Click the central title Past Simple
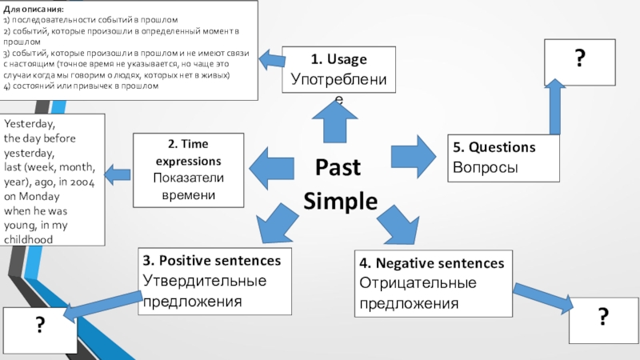point(339,184)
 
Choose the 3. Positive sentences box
point(211,281)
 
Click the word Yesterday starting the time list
point(30,125)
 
